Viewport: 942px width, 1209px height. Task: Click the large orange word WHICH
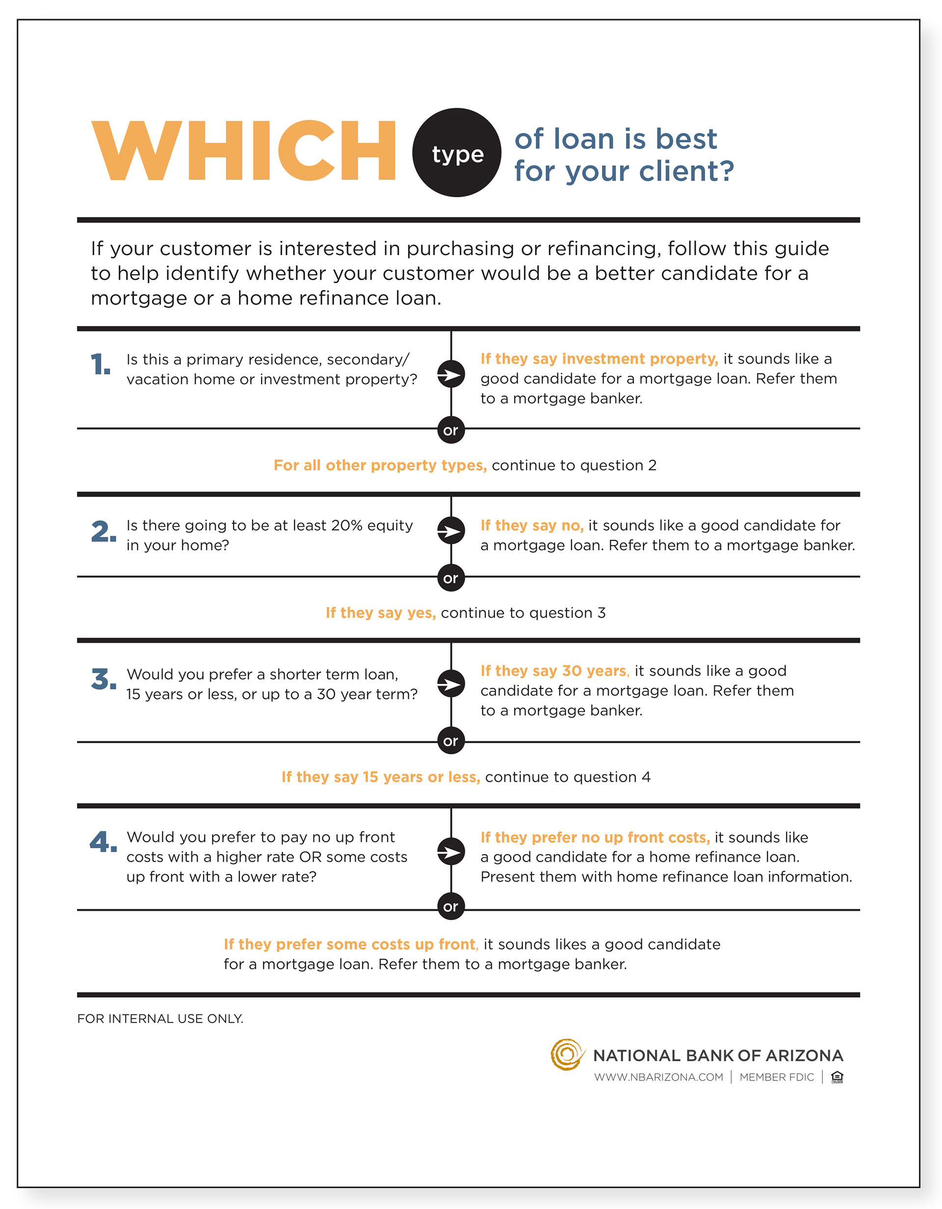[243, 151]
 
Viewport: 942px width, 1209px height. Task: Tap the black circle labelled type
[457, 152]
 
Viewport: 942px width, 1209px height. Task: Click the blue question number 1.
[100, 364]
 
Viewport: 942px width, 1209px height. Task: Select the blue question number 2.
[104, 531]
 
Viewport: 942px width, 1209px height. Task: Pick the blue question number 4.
[104, 842]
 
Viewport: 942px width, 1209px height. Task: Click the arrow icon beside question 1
[451, 375]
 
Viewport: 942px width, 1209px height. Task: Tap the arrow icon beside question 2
[451, 531]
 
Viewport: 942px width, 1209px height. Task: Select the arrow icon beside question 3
[451, 684]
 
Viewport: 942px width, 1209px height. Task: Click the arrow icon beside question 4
[451, 851]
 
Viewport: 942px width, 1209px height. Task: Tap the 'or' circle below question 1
[450, 430]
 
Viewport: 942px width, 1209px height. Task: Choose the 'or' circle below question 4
[450, 906]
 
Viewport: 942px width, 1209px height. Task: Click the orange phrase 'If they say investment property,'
[599, 359]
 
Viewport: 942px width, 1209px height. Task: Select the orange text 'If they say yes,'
[381, 613]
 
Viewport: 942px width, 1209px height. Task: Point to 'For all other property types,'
[380, 465]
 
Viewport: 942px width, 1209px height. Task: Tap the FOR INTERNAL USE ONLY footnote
[160, 1019]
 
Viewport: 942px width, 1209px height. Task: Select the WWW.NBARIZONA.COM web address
[658, 1077]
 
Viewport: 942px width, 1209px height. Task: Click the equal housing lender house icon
[837, 1077]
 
